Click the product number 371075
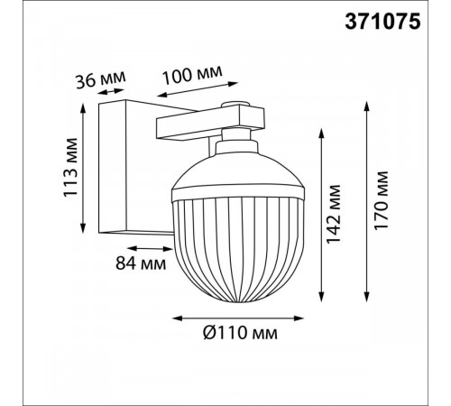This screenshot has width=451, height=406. [382, 22]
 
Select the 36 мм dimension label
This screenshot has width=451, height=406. [100, 79]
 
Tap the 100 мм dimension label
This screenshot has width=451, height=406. [193, 74]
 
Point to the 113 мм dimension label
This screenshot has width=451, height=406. [70, 167]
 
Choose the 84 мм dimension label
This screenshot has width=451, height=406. [141, 263]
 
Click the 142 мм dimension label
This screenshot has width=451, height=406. [333, 214]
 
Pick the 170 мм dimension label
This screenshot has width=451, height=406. [381, 200]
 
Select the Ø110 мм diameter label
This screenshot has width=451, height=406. [240, 333]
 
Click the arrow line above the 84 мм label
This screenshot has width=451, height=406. [150, 249]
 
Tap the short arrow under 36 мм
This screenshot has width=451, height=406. [111, 91]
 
